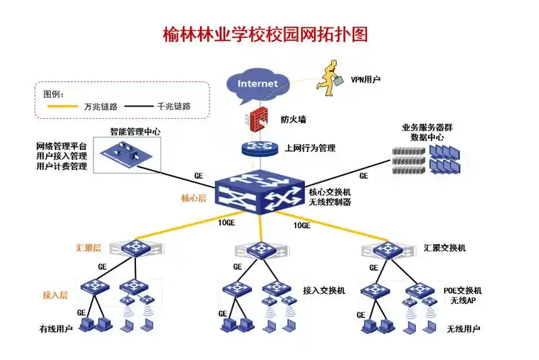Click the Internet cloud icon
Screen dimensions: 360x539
tap(258, 84)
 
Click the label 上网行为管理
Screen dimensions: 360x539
tap(310, 148)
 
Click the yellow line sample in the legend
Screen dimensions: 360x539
tap(63, 107)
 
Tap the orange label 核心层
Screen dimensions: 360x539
tap(194, 198)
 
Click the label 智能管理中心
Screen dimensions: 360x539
tap(135, 132)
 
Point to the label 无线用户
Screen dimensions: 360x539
tap(463, 329)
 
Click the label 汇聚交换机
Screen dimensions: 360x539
tap(445, 248)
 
